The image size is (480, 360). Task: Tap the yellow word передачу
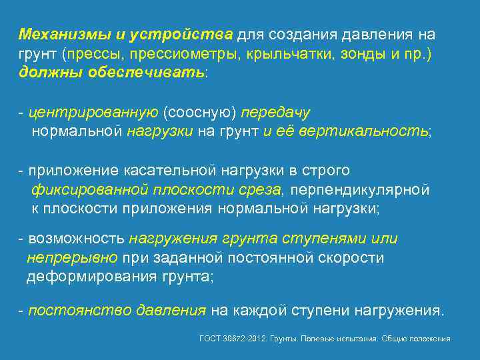pyautogui.click(x=276, y=113)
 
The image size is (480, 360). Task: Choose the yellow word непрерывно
pyautogui.click(x=72, y=257)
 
